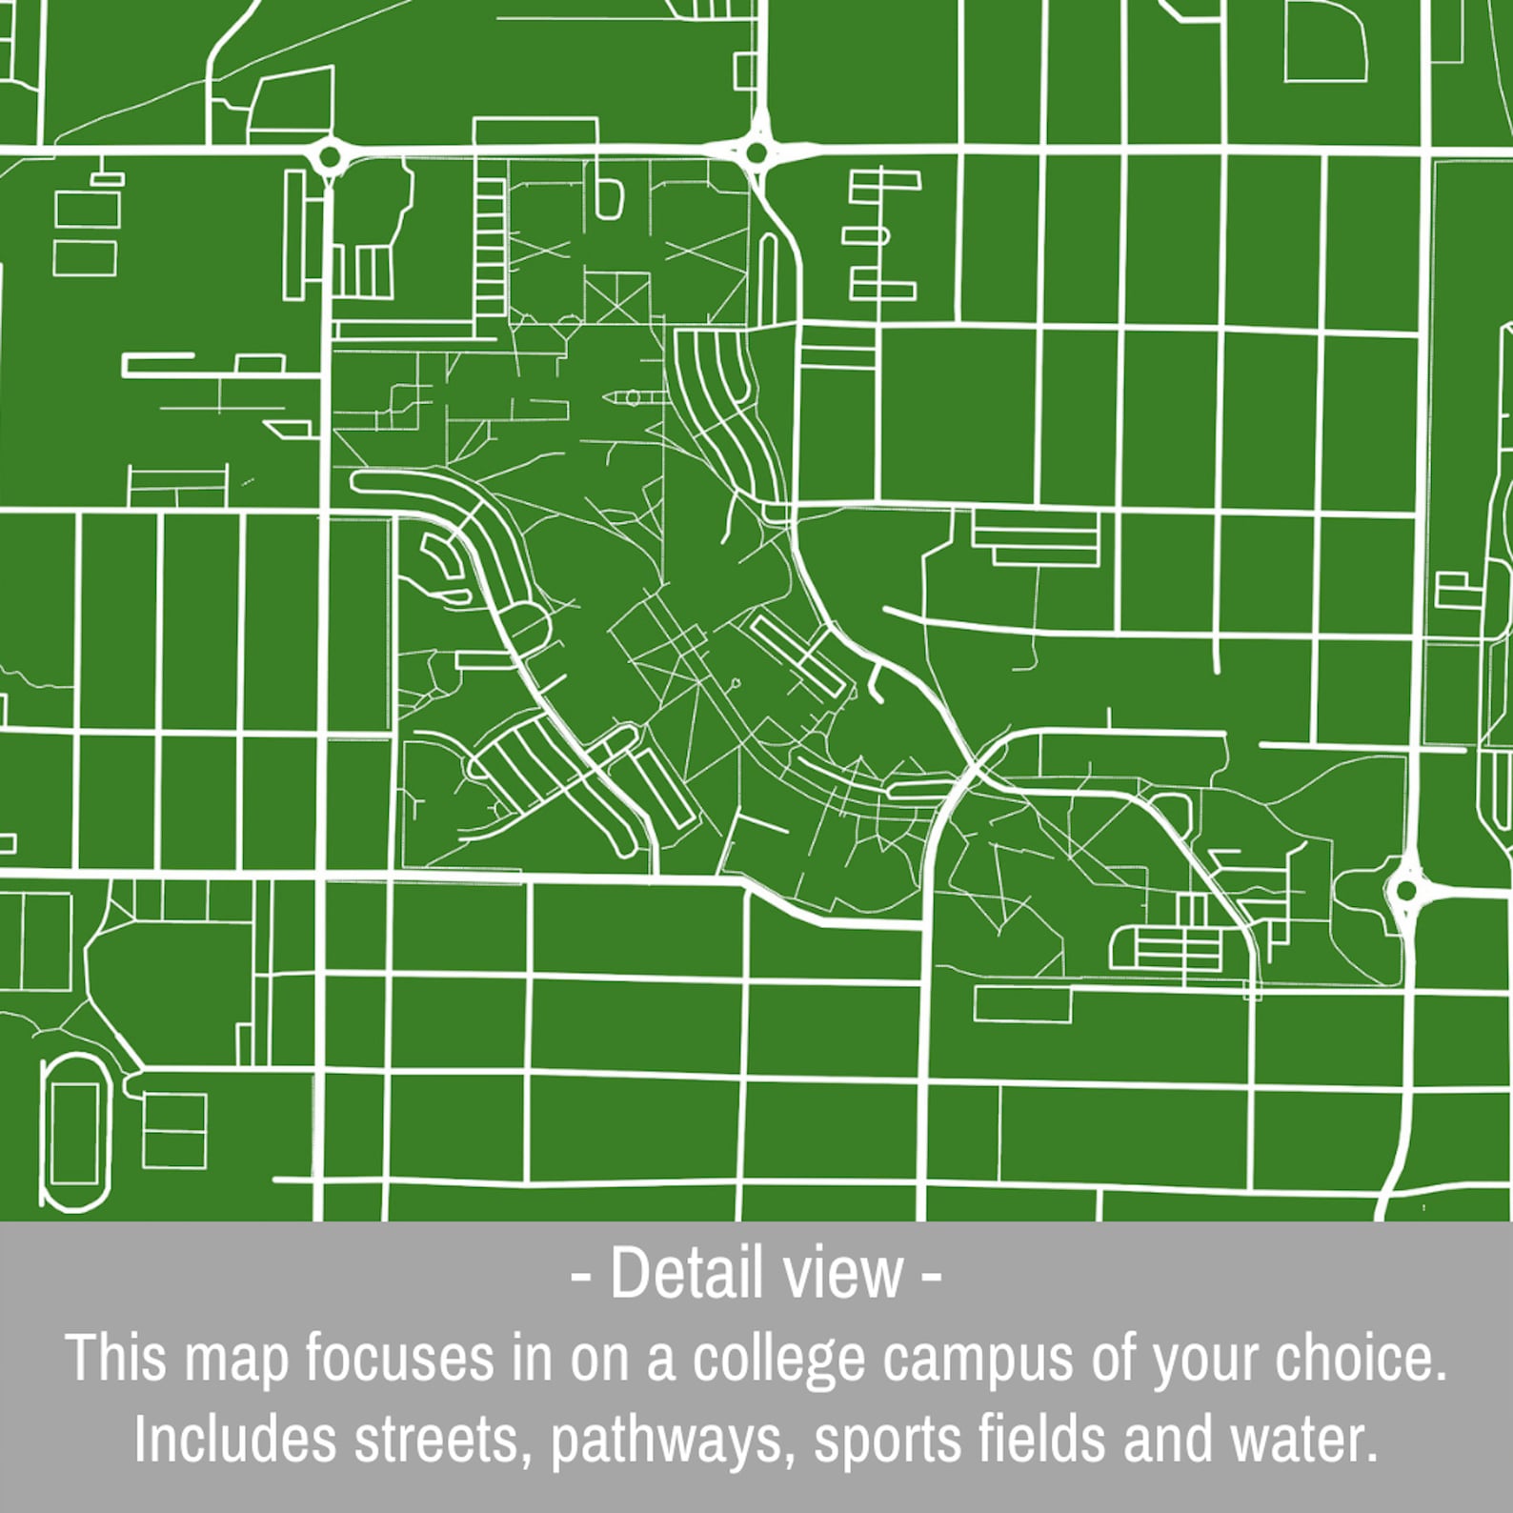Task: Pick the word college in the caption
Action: pos(779,1359)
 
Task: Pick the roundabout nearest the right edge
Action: pos(1406,892)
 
